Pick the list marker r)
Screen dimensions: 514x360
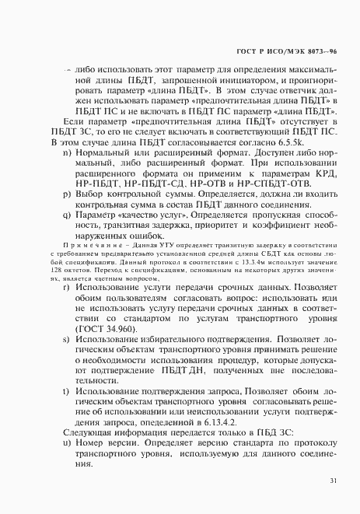pos(66,288)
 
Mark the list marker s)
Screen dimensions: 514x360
pos(66,341)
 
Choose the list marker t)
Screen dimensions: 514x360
pos(66,393)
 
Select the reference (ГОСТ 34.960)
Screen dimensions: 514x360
pos(105,330)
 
